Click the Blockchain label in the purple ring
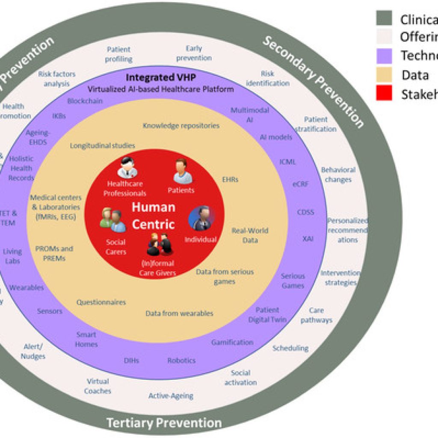pos(85,101)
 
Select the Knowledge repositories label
pos(181,126)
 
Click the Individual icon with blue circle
pos(201,218)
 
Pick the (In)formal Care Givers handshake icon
pos(159,244)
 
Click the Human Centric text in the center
pos(153,216)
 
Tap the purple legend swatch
pos(384,56)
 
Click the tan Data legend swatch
pos(384,75)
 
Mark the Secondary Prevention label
pos(313,81)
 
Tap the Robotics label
pos(181,361)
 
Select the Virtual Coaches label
pos(98,386)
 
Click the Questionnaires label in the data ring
pos(101,302)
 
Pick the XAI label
pos(308,239)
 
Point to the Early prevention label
pos(194,53)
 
